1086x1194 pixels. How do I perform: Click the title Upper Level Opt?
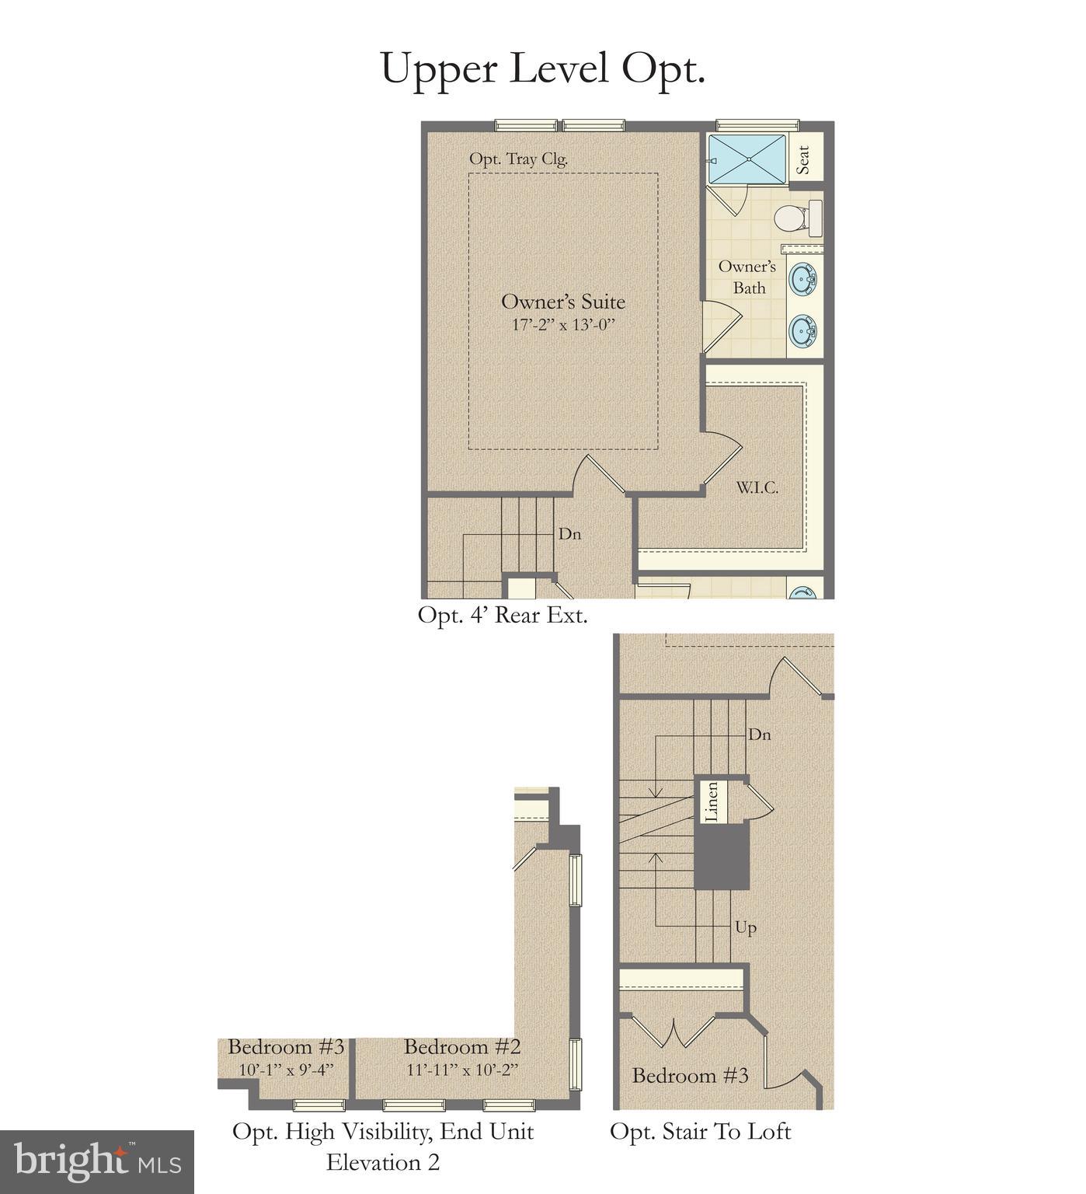coord(542,68)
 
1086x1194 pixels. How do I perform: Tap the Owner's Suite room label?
coord(562,302)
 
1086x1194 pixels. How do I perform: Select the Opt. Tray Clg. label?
coord(518,159)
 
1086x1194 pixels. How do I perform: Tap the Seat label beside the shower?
coord(804,160)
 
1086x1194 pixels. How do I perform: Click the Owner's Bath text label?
coord(747,278)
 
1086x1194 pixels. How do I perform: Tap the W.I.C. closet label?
coord(757,488)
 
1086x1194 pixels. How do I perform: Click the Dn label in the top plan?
coord(569,535)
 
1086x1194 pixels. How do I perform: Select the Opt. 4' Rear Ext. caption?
coord(503,615)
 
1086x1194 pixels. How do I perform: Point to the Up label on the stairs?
coord(745,927)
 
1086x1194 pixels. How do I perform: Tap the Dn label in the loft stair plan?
coord(759,735)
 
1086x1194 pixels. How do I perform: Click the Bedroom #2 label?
coord(462,1047)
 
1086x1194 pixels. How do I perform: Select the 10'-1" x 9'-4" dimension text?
coord(286,1070)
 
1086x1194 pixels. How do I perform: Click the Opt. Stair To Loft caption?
coord(700,1132)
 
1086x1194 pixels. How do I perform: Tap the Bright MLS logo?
coord(97,1162)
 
